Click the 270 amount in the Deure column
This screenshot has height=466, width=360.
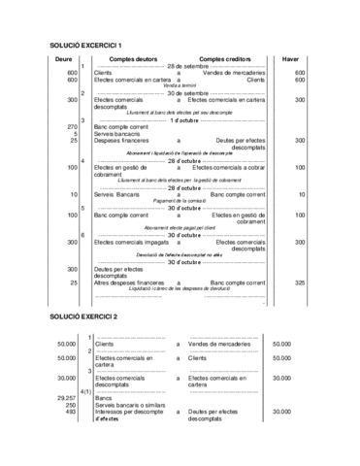72,127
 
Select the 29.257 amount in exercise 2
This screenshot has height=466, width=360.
67,398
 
